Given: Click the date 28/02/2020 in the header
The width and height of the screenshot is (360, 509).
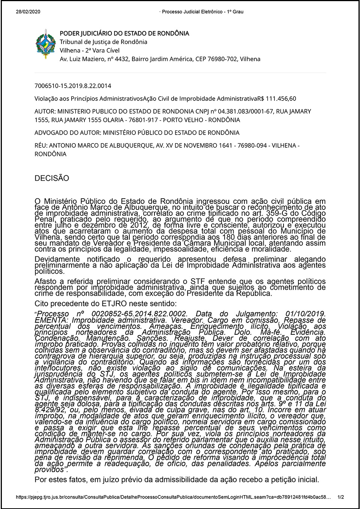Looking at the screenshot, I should (x=25, y=12).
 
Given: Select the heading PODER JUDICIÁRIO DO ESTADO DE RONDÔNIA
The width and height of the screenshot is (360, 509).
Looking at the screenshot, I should (x=124, y=33).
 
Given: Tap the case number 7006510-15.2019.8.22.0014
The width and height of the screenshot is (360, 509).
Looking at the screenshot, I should (x=73, y=86).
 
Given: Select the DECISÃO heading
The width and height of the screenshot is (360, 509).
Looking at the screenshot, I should (x=52, y=178).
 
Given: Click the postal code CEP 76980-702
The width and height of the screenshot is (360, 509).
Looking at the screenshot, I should (x=216, y=59).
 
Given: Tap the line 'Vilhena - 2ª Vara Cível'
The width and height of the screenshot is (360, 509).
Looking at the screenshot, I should (x=90, y=50).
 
